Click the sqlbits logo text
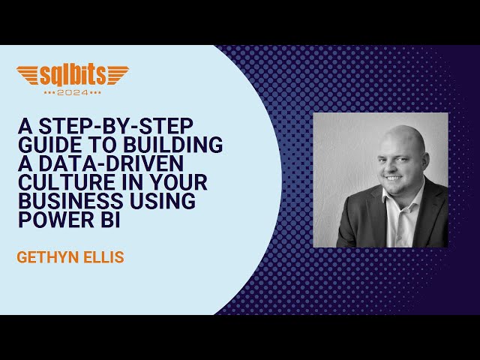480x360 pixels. point(72,76)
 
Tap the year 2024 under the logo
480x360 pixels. point(73,92)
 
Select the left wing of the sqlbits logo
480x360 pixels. point(30,76)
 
